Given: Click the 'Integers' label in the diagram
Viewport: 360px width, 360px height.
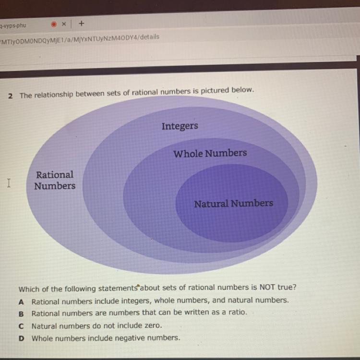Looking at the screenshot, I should (180, 126).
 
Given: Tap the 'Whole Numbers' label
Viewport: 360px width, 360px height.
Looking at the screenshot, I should (210, 154).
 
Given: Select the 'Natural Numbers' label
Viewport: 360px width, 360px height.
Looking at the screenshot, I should (233, 204).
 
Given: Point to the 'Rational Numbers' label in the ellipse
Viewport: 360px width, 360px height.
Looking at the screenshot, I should (55, 180).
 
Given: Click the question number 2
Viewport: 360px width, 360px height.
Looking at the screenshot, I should (10, 96).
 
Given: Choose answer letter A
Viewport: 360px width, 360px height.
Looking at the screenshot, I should (21, 302).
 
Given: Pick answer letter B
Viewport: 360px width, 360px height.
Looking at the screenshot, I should (21, 314).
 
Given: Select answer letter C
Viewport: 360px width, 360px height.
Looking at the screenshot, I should (21, 326).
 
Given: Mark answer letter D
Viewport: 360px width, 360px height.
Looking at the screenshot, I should (21, 338).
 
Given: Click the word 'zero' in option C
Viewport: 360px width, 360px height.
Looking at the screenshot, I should (151, 325).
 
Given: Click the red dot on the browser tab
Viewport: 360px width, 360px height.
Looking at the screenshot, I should (54, 24).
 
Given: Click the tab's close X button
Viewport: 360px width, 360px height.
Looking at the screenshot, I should (63, 24).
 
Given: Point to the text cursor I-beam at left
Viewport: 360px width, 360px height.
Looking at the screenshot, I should (9, 183).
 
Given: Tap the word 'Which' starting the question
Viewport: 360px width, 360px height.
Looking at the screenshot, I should (28, 289).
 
